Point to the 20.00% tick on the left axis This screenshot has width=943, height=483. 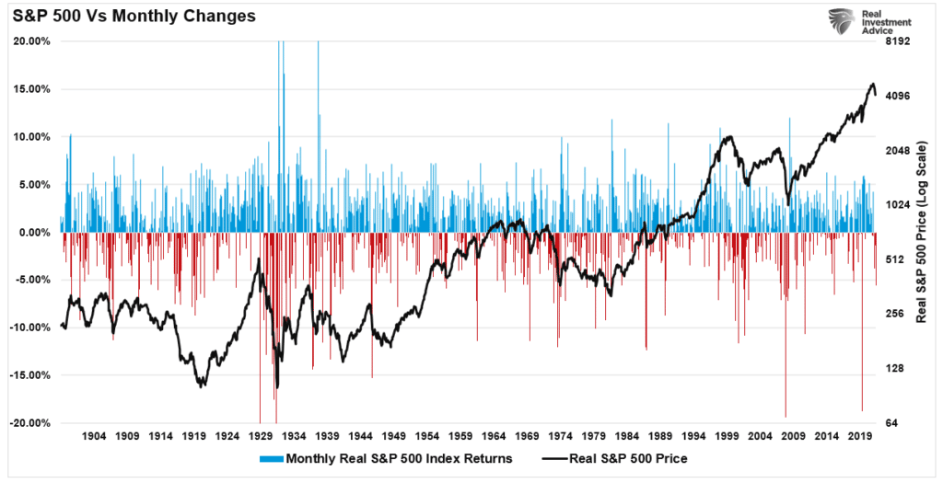(32, 41)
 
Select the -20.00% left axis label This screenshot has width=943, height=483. (30, 423)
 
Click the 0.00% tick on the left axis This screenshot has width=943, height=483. (35, 233)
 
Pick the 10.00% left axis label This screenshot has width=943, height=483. (32, 137)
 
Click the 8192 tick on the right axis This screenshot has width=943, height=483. (897, 41)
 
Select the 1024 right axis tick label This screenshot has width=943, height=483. (897, 205)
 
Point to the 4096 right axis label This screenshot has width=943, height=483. (897, 96)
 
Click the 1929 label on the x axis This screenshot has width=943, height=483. (262, 435)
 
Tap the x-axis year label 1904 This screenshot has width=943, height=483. (96, 435)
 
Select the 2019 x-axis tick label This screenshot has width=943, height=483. (858, 435)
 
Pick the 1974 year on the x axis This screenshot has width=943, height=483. (560, 435)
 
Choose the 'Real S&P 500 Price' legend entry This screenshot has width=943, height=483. (626, 457)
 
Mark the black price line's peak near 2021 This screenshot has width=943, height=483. (872, 84)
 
